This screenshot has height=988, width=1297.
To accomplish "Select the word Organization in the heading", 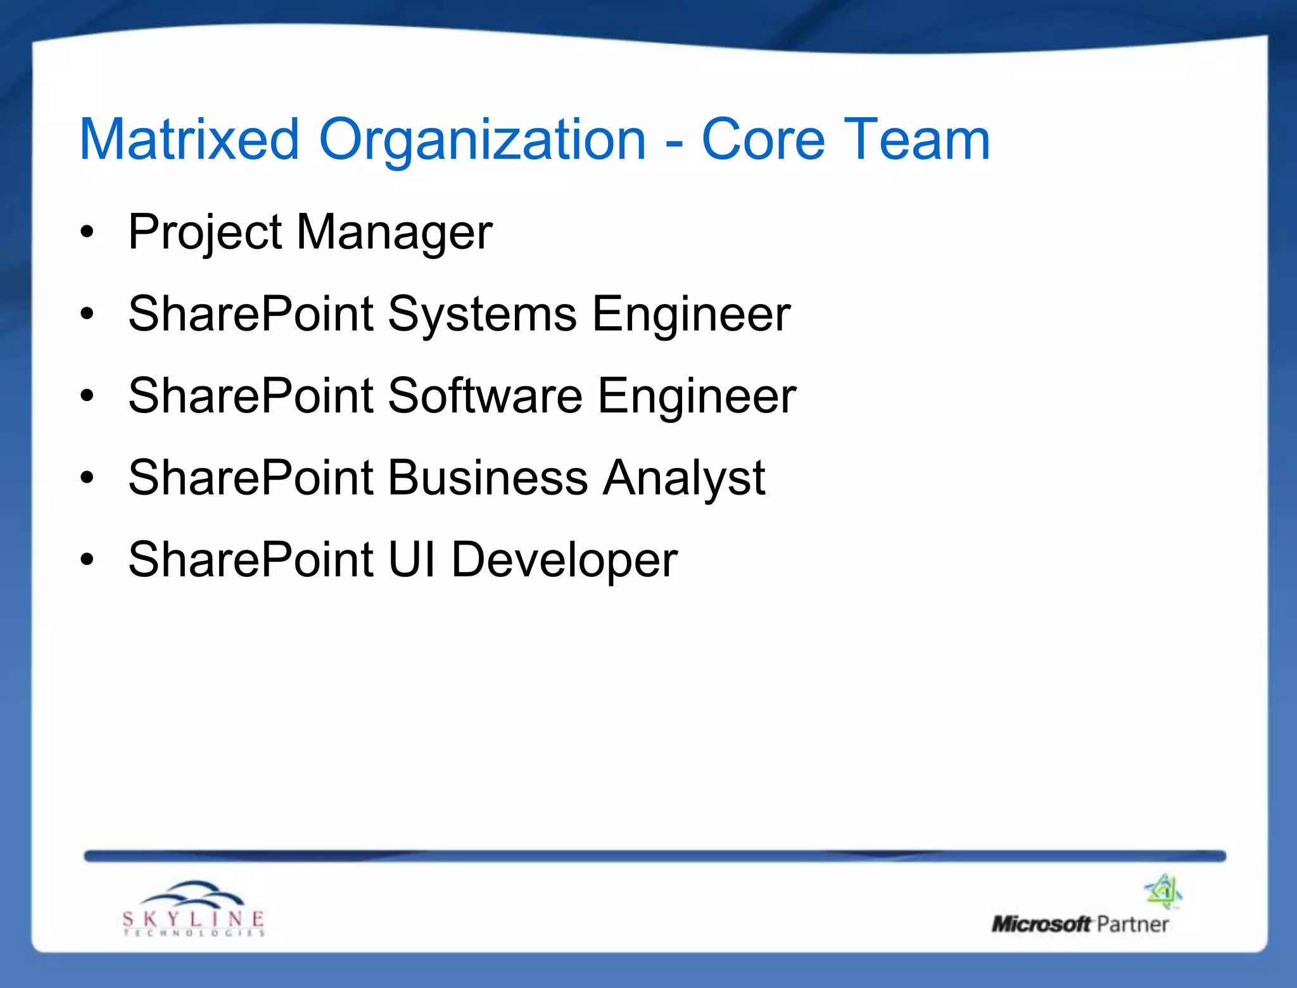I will (x=482, y=141).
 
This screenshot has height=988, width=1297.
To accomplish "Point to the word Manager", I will (x=394, y=233).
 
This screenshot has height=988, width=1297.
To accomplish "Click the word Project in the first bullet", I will (x=205, y=233).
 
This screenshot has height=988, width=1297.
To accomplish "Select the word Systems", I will (x=482, y=315).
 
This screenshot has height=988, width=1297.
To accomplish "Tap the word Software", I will (x=484, y=396).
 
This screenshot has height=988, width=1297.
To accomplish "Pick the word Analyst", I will (x=684, y=479).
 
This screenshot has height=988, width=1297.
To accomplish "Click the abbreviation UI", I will (x=412, y=559).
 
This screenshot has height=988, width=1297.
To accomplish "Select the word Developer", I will (x=564, y=560).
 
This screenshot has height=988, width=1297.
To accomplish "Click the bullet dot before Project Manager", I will (x=87, y=232).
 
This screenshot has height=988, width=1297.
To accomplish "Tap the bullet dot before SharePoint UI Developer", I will (x=87, y=560).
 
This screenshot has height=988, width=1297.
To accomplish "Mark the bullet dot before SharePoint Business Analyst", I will (x=87, y=478).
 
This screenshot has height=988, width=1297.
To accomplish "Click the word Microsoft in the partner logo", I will (x=1041, y=924).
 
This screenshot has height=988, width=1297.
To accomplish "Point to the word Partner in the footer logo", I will (x=1132, y=924).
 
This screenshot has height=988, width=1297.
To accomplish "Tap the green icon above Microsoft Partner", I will (x=1163, y=891).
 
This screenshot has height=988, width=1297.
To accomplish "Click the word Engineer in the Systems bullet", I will (x=691, y=315).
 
